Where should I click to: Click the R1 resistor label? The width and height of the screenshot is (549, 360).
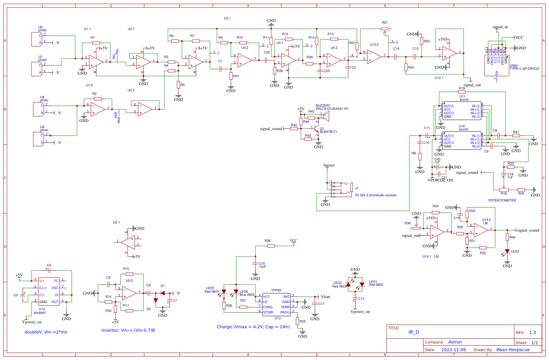[x=92, y=37]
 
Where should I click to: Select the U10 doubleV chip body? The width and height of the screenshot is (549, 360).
[x=49, y=291]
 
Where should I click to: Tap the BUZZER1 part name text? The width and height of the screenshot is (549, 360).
[x=323, y=105]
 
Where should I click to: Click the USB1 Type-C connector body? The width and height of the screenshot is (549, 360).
[x=497, y=65]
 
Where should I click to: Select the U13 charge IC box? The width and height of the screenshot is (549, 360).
[x=276, y=304]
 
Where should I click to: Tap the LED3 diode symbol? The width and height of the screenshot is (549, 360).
[x=507, y=251]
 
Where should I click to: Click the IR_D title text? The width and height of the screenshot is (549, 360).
[x=414, y=332]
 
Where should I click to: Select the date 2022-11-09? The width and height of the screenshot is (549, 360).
[x=453, y=349]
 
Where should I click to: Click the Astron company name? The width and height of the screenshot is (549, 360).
[x=455, y=342]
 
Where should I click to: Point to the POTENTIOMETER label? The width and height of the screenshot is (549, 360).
[x=502, y=200]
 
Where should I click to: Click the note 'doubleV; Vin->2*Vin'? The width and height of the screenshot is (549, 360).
[x=46, y=332]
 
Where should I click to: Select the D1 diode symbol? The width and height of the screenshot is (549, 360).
[x=162, y=293]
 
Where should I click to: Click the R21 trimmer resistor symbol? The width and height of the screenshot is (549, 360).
[x=385, y=29]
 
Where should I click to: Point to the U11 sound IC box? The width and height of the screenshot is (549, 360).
[x=462, y=111]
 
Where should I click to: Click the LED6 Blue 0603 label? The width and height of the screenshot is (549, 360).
[x=247, y=293]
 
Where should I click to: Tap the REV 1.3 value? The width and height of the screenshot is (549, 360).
[x=532, y=332]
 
